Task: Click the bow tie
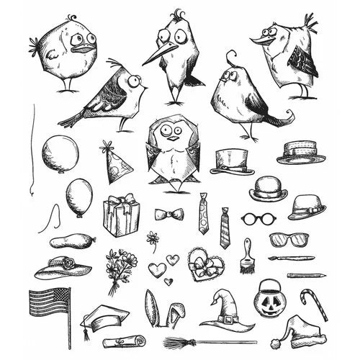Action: click(x=168, y=215)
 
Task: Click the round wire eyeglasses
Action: click(x=255, y=217)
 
